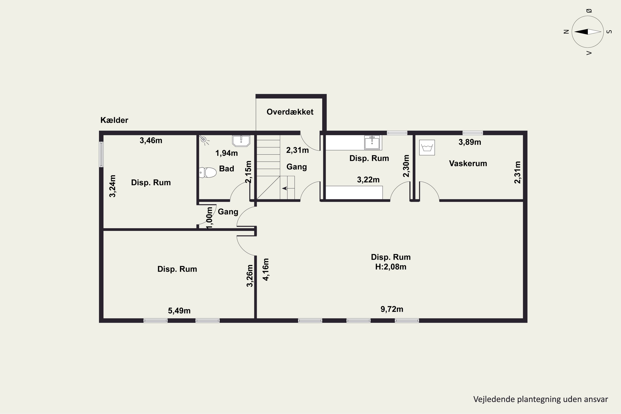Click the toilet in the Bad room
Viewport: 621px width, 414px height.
(208, 172)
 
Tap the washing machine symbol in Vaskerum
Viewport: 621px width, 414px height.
(427, 148)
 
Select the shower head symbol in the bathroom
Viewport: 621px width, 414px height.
(204, 140)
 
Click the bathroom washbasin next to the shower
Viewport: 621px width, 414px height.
(241, 141)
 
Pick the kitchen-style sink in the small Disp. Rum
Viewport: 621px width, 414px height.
(372, 142)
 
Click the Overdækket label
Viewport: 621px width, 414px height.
(290, 112)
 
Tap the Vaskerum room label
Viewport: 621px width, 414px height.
(468, 164)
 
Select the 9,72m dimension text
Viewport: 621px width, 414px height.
(392, 309)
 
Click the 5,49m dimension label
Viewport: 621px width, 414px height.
(179, 311)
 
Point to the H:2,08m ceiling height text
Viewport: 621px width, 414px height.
(391, 267)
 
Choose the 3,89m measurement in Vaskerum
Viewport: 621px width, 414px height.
(470, 142)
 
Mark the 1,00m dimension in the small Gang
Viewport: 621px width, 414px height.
(209, 218)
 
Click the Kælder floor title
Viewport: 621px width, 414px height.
(114, 120)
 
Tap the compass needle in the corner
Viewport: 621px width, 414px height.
(588, 32)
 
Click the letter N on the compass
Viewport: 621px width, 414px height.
(566, 32)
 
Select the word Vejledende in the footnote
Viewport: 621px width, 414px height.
(494, 399)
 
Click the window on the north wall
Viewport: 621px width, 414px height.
(101, 154)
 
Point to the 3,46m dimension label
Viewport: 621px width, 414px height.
(151, 141)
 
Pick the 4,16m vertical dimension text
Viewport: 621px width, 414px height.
(266, 269)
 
